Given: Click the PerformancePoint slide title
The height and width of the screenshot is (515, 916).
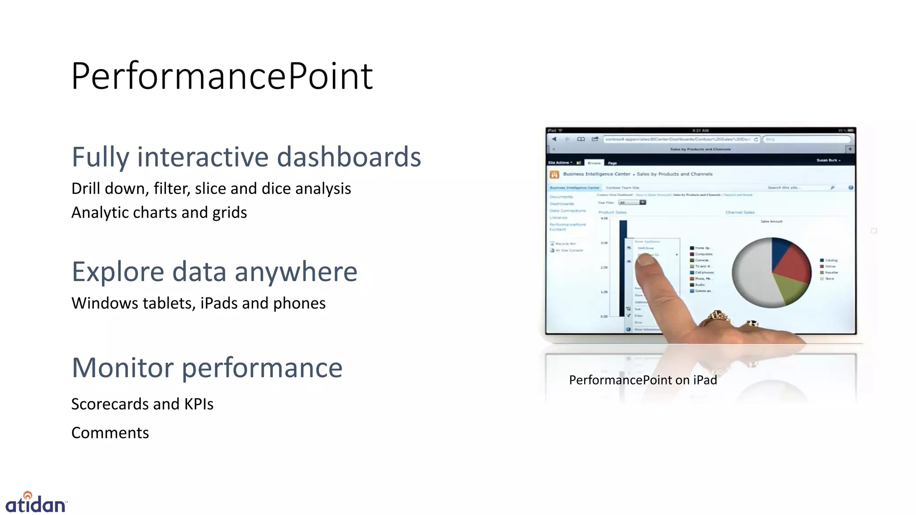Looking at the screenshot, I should coord(222,76).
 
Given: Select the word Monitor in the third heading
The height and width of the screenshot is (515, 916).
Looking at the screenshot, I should coord(123,367).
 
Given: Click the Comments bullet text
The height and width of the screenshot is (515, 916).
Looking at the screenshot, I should coord(110,433).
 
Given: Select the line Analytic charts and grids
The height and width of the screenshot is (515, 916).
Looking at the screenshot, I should coord(159,212).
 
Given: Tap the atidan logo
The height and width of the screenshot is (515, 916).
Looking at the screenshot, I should coord(35,503).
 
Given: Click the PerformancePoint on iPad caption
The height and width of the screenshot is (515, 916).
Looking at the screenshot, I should coord(643,380).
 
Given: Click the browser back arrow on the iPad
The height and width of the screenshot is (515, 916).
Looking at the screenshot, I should coord(554,139).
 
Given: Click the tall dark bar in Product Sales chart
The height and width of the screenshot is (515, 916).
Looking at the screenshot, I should coord(623,268).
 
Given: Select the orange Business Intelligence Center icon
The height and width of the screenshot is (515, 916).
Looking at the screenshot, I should coord(554,174).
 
